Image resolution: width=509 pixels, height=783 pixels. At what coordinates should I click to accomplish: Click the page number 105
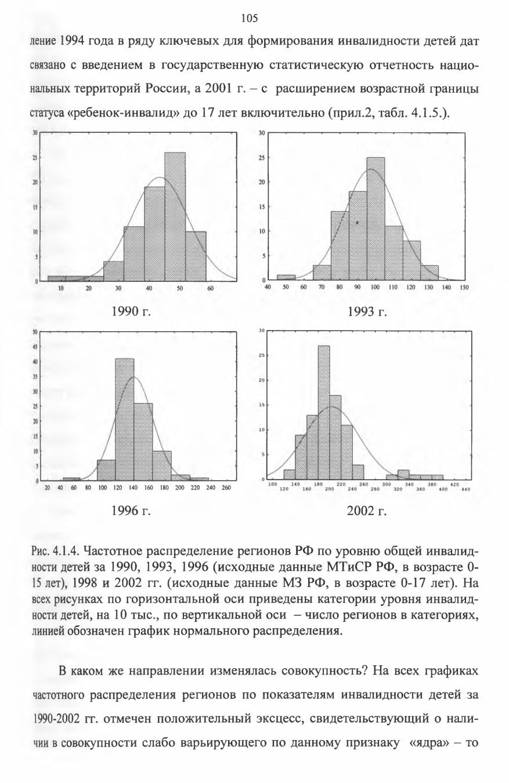click(250, 18)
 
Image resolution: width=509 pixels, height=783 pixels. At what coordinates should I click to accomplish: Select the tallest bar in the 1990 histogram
click(175, 217)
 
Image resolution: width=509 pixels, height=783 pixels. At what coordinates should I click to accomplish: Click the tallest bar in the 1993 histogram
click(376, 219)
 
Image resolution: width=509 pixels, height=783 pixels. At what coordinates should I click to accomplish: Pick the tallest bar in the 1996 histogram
click(125, 419)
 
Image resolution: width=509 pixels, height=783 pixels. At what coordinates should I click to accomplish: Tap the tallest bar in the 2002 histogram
click(324, 412)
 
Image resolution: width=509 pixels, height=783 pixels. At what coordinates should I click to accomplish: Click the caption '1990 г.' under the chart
click(131, 311)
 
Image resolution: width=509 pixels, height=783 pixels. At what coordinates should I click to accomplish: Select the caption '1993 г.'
click(367, 311)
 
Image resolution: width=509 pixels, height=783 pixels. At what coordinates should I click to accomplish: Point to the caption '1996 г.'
click(131, 511)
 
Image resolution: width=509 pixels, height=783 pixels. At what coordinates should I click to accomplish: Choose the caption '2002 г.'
click(367, 511)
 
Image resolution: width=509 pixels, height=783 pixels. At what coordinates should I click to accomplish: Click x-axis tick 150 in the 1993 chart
click(464, 287)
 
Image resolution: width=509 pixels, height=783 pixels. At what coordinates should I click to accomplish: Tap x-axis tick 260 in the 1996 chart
click(226, 488)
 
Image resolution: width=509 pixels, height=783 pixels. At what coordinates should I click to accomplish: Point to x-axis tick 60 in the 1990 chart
click(210, 288)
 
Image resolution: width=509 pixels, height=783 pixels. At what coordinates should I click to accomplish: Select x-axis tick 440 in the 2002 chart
click(465, 490)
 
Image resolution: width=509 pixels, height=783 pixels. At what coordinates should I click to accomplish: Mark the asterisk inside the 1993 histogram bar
click(357, 222)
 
